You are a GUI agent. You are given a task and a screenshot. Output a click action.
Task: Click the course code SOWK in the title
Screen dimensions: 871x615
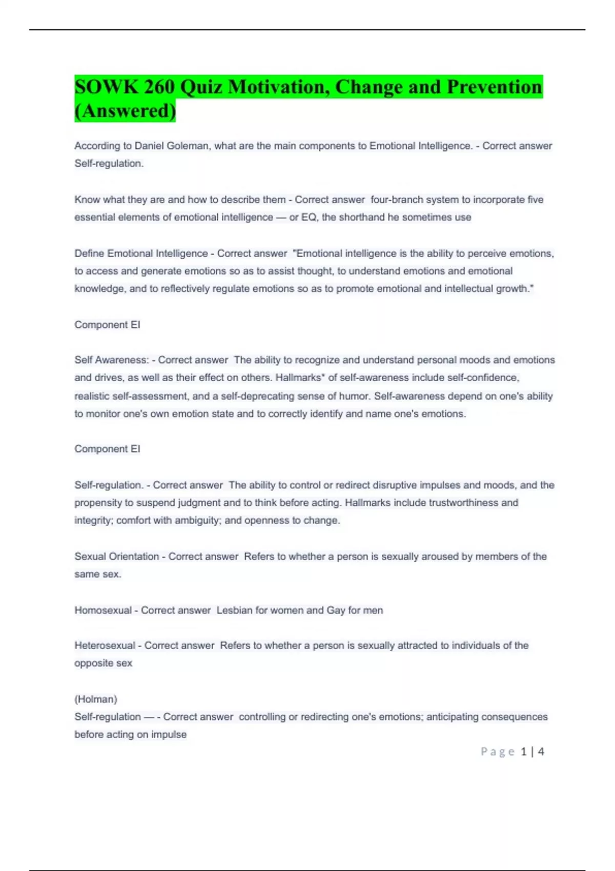(106, 87)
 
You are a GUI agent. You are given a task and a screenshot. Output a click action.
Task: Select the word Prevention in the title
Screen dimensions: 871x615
(494, 87)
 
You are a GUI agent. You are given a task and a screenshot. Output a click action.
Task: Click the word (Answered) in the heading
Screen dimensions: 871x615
(125, 111)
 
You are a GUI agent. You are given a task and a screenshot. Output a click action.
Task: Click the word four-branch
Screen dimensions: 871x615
(396, 200)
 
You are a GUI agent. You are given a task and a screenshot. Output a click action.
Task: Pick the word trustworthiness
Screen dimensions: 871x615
(463, 503)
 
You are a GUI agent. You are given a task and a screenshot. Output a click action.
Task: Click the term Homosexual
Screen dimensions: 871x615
(103, 610)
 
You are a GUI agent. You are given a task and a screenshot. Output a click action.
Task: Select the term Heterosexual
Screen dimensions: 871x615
(105, 646)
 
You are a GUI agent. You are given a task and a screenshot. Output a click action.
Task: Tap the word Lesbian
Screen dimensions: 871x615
(234, 610)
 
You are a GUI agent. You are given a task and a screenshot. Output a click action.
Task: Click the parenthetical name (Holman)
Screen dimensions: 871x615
(96, 699)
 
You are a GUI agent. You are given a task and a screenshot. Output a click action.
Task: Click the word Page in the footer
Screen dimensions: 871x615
(498, 752)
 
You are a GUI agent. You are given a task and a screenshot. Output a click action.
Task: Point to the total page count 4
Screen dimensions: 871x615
(541, 752)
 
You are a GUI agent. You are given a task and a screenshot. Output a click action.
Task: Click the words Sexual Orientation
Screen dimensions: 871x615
(117, 556)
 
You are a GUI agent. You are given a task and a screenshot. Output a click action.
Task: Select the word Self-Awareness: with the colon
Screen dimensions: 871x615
(112, 360)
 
